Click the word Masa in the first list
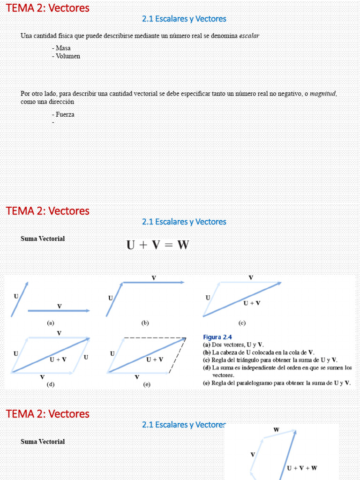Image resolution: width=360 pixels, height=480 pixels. pos(63,48)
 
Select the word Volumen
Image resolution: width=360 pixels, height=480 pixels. pos(67,56)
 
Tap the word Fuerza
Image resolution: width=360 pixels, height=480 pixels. pos(65,115)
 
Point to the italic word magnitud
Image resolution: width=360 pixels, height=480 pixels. pos(323,94)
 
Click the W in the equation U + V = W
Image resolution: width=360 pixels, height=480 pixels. pos(182,245)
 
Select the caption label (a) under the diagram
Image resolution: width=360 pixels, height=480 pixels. pos(51,323)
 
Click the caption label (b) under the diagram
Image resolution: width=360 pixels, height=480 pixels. pos(145,323)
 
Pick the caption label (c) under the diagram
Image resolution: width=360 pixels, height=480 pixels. pos(242,323)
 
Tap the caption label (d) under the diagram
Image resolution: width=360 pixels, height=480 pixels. pos(51,384)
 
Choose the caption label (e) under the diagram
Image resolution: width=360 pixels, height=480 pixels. pos(147,384)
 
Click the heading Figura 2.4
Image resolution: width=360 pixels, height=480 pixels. pos(217,337)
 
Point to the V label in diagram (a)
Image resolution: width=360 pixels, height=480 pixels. pos(59,306)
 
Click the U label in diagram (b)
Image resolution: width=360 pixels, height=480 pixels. pos(111,298)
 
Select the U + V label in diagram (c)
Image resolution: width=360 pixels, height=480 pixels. pos(252,303)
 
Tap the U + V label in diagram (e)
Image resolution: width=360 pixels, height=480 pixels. pos(155,360)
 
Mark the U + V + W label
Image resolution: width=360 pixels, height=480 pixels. pos(302,468)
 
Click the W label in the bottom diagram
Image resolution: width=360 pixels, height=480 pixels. pos(276,430)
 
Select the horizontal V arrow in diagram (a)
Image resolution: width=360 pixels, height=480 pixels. pos(59,311)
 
